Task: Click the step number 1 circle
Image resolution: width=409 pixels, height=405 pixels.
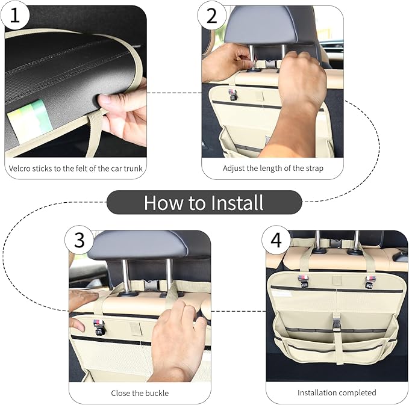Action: click(16, 16)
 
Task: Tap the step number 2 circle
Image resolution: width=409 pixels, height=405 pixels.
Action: click(211, 16)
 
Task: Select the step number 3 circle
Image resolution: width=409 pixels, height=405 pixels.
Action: click(79, 241)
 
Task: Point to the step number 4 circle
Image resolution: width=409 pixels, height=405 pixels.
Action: click(276, 241)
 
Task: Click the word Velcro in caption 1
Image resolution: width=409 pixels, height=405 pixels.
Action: click(21, 168)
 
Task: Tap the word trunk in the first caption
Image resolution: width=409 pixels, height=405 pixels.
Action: click(133, 168)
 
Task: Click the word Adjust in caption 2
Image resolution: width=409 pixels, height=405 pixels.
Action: click(234, 168)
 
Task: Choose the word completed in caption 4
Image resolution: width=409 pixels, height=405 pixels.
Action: click(358, 393)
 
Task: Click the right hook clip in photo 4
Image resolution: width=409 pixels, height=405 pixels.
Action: click(371, 280)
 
